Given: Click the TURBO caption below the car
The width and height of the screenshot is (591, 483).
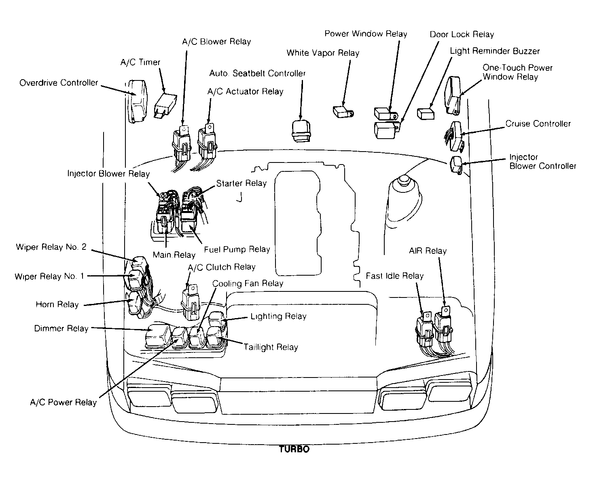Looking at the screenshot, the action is click(x=294, y=449).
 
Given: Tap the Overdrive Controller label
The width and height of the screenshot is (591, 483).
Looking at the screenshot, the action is click(x=59, y=83).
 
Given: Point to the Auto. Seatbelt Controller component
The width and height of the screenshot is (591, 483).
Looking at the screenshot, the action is click(x=301, y=131).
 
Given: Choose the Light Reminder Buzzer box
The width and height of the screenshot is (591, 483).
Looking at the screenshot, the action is click(x=426, y=114).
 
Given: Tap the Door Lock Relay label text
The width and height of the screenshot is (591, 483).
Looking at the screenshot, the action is click(x=462, y=34).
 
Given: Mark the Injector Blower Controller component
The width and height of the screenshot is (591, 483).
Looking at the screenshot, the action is click(x=456, y=165).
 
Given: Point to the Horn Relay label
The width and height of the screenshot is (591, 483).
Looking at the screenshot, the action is click(x=57, y=305).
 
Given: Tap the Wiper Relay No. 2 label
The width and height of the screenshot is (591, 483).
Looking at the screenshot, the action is click(x=51, y=247).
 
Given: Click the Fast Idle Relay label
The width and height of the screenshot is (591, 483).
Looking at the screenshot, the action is click(x=394, y=276).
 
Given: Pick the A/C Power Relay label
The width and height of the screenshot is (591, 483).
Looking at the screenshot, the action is click(x=64, y=402).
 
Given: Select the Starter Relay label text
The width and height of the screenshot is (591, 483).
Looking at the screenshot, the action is click(x=241, y=183).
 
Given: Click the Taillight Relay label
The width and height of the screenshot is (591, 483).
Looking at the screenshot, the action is click(x=271, y=347).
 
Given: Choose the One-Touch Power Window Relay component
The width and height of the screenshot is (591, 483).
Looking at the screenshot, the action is click(x=452, y=95).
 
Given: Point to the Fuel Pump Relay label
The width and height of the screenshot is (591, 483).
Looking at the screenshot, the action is click(x=237, y=249).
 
